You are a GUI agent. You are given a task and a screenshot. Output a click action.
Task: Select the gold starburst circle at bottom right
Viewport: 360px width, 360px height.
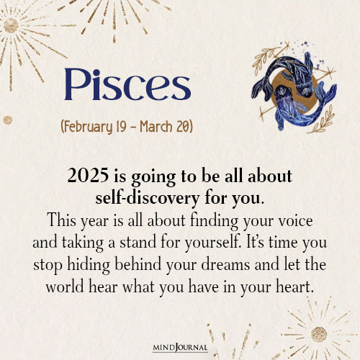(x=318, y=333)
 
